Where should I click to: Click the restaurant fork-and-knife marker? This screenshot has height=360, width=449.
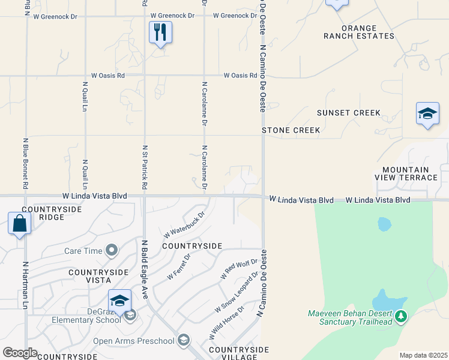pyautogui.click(x=160, y=32)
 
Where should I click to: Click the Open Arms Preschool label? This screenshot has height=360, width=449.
pyautogui.click(x=133, y=341)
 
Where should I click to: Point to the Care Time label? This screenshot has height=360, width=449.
pyautogui.click(x=82, y=250)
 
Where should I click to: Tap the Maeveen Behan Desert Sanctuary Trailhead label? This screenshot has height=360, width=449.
pyautogui.click(x=350, y=317)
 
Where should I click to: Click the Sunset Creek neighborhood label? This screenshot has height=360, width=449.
pyautogui.click(x=349, y=113)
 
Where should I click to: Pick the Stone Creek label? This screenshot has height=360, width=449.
pyautogui.click(x=291, y=130)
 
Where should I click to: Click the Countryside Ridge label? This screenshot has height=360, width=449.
pyautogui.click(x=43, y=213)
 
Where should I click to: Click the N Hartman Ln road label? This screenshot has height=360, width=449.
pyautogui.click(x=25, y=284)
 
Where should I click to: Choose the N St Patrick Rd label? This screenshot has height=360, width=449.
pyautogui.click(x=145, y=167)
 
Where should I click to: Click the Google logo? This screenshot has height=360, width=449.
pyautogui.click(x=20, y=353)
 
